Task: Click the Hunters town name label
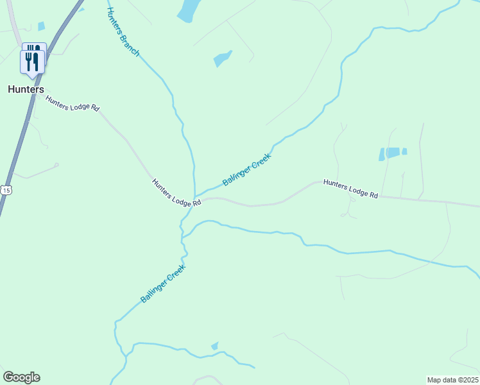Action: pos(26,89)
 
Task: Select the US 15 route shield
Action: pos(6,190)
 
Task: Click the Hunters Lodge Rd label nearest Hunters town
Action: pos(72,103)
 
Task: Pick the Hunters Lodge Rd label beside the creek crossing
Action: pos(176,193)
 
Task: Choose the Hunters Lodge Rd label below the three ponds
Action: pos(350,188)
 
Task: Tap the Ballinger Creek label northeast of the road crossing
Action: pos(247,169)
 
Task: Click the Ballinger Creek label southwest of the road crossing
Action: pos(163,284)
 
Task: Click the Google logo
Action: pos(21,377)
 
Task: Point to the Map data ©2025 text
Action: pos(452,380)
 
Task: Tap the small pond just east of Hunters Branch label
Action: pos(222,58)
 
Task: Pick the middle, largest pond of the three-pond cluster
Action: pos(392,152)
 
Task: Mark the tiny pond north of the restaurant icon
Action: pos(42,26)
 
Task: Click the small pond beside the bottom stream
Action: pos(215,346)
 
